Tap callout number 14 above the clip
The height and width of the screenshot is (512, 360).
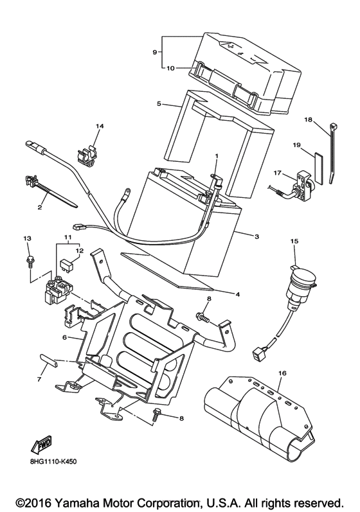tap(99, 126)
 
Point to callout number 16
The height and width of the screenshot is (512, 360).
tap(282, 373)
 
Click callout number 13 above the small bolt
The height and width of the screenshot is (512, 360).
tap(28, 239)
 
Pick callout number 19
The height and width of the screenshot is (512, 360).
tap(296, 145)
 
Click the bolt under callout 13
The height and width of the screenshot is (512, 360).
tap(30, 261)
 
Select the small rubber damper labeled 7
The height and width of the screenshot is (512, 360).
tap(48, 360)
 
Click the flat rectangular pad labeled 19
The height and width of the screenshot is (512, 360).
tap(318, 168)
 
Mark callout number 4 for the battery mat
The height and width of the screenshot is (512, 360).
tap(238, 294)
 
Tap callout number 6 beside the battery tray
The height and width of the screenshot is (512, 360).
tap(65, 337)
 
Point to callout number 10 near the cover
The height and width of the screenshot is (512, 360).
tap(170, 68)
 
